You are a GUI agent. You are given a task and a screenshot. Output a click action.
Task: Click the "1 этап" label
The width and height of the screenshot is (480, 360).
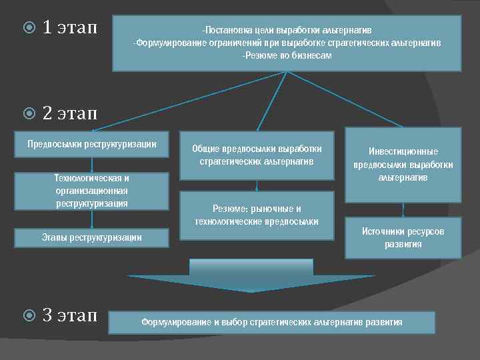[x=69, y=28]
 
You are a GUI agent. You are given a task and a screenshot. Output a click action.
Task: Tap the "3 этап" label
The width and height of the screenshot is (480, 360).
[x=69, y=314]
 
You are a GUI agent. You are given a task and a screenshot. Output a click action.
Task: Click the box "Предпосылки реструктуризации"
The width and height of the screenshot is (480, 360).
[x=92, y=144]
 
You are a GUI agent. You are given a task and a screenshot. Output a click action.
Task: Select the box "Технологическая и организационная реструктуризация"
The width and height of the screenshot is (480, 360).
[x=92, y=191]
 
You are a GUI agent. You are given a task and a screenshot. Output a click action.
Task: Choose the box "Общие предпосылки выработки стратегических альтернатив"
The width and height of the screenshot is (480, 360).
[x=257, y=155]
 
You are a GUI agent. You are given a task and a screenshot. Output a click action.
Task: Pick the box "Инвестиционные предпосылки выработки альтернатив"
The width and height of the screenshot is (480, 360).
[x=403, y=165]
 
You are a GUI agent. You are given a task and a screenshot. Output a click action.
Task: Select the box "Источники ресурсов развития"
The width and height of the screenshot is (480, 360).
[x=403, y=237]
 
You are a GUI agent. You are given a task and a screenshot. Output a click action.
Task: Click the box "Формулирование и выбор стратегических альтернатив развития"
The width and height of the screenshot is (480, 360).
[x=271, y=323]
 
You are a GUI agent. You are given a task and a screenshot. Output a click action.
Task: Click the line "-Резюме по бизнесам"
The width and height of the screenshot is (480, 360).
[x=287, y=56]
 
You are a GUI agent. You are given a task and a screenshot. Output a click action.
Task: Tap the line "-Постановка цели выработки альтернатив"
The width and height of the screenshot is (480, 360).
[x=287, y=31]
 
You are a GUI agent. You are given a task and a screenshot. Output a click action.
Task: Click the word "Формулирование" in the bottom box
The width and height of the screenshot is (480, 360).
[x=176, y=323]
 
